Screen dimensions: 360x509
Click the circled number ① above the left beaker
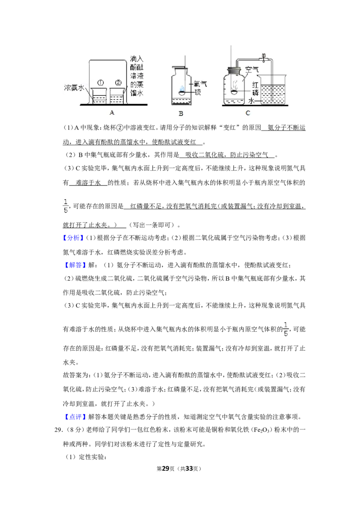pos(100,83)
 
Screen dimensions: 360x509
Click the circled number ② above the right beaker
pos(118,83)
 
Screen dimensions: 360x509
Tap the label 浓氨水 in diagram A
pos(74,88)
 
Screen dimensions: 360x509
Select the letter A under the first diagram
pos(112,112)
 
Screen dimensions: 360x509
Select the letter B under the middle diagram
pos(181,114)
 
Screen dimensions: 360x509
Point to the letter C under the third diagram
pos(248,113)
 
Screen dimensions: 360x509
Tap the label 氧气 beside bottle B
pos(200,84)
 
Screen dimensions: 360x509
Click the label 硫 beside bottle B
pos(198,92)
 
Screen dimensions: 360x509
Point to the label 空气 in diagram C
pos(252,69)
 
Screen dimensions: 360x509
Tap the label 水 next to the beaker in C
pos(251,101)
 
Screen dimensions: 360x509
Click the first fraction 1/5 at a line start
pos(66,206)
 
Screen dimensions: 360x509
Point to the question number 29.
pos(58,430)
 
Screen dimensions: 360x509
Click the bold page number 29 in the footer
pos(166,469)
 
